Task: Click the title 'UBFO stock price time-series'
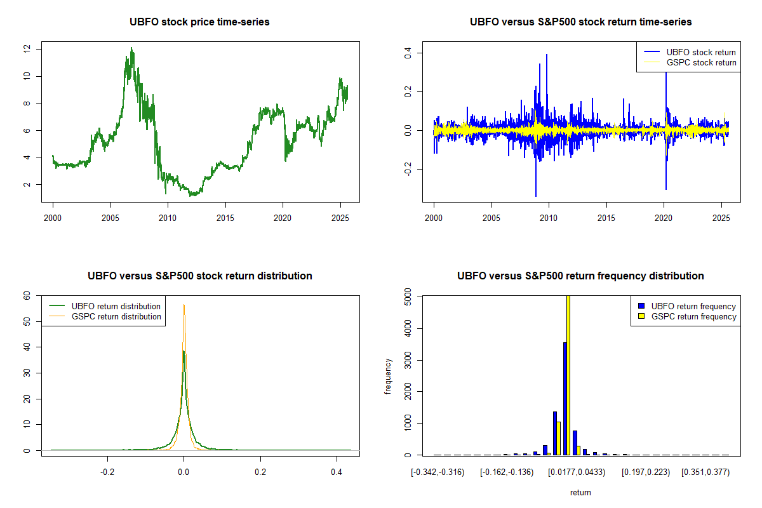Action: click(199, 22)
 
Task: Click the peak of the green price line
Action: click(131, 48)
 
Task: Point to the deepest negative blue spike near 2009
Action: click(536, 196)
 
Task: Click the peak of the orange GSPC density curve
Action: click(184, 305)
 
